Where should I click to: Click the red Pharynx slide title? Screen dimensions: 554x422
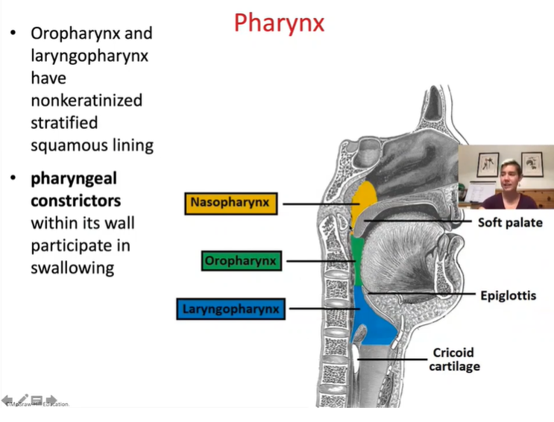coord(279,23)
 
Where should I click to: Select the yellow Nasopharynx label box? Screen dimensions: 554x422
coord(230,203)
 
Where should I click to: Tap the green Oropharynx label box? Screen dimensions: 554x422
coord(241,261)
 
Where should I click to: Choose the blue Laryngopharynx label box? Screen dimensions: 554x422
coord(230,309)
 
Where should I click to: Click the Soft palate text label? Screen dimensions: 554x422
coord(510,222)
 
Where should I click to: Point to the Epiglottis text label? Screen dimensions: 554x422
coord(508,295)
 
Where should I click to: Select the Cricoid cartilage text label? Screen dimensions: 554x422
coord(454,359)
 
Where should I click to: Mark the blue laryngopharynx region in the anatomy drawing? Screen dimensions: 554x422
coord(369,321)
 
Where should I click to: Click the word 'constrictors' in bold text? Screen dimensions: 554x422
coord(75,201)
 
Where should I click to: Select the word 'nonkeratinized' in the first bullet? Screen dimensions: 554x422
coord(86,100)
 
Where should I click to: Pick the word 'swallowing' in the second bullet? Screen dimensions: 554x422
coord(72,268)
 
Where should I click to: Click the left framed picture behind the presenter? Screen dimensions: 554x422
coord(488,164)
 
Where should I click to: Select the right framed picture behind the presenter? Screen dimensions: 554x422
coord(532,163)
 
